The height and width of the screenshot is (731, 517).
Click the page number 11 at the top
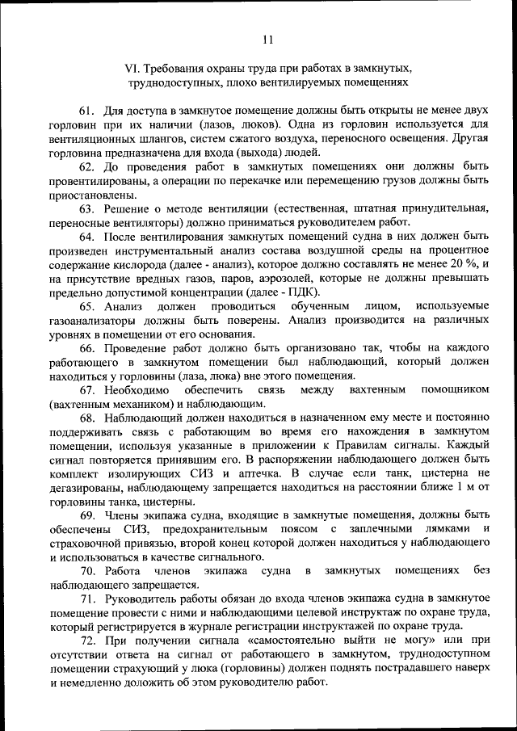[x=268, y=37]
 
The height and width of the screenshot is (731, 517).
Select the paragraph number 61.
[x=88, y=109]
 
